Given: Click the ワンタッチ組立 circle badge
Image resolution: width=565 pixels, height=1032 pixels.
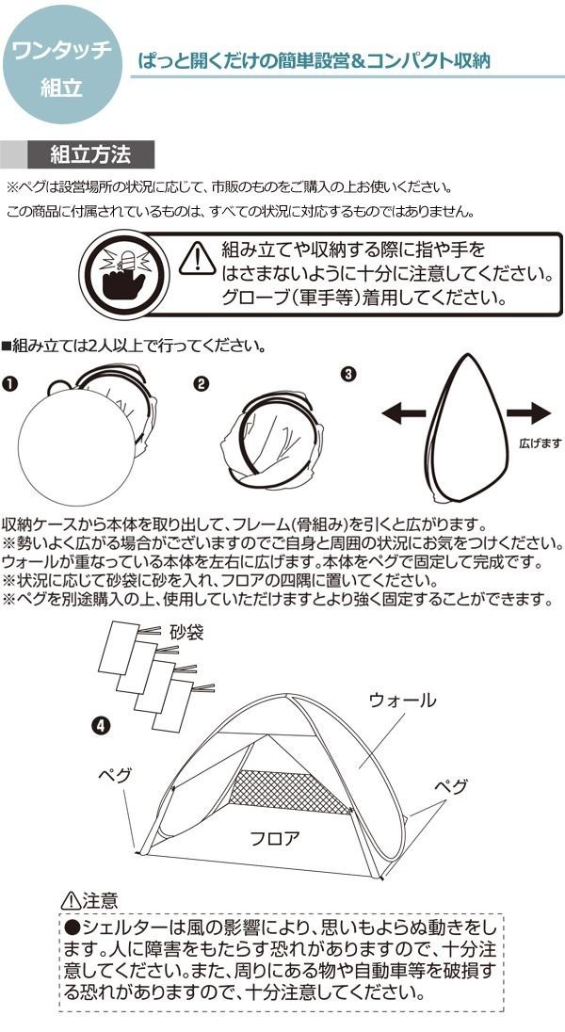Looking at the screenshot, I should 62,64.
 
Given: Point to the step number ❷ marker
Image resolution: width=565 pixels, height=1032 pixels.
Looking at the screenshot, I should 201,384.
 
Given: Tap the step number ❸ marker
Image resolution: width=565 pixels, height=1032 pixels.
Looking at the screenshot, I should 348,374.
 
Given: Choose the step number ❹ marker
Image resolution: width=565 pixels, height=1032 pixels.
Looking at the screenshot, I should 101,725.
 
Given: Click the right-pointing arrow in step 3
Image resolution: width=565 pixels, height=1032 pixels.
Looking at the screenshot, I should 527,411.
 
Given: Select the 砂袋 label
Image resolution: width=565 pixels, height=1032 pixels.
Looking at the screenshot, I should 186,633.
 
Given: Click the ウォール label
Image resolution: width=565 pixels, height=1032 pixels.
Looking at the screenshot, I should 402,701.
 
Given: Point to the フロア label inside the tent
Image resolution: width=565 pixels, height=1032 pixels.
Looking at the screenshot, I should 275,836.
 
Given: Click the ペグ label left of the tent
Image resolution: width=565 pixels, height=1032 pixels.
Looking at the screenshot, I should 114,775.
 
